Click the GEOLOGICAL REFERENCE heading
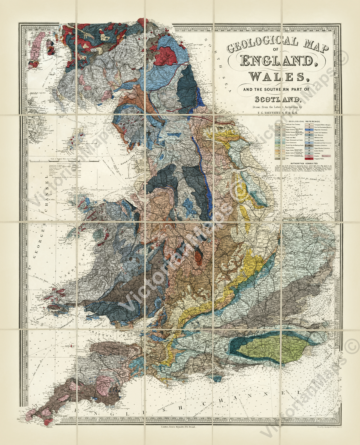304,122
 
